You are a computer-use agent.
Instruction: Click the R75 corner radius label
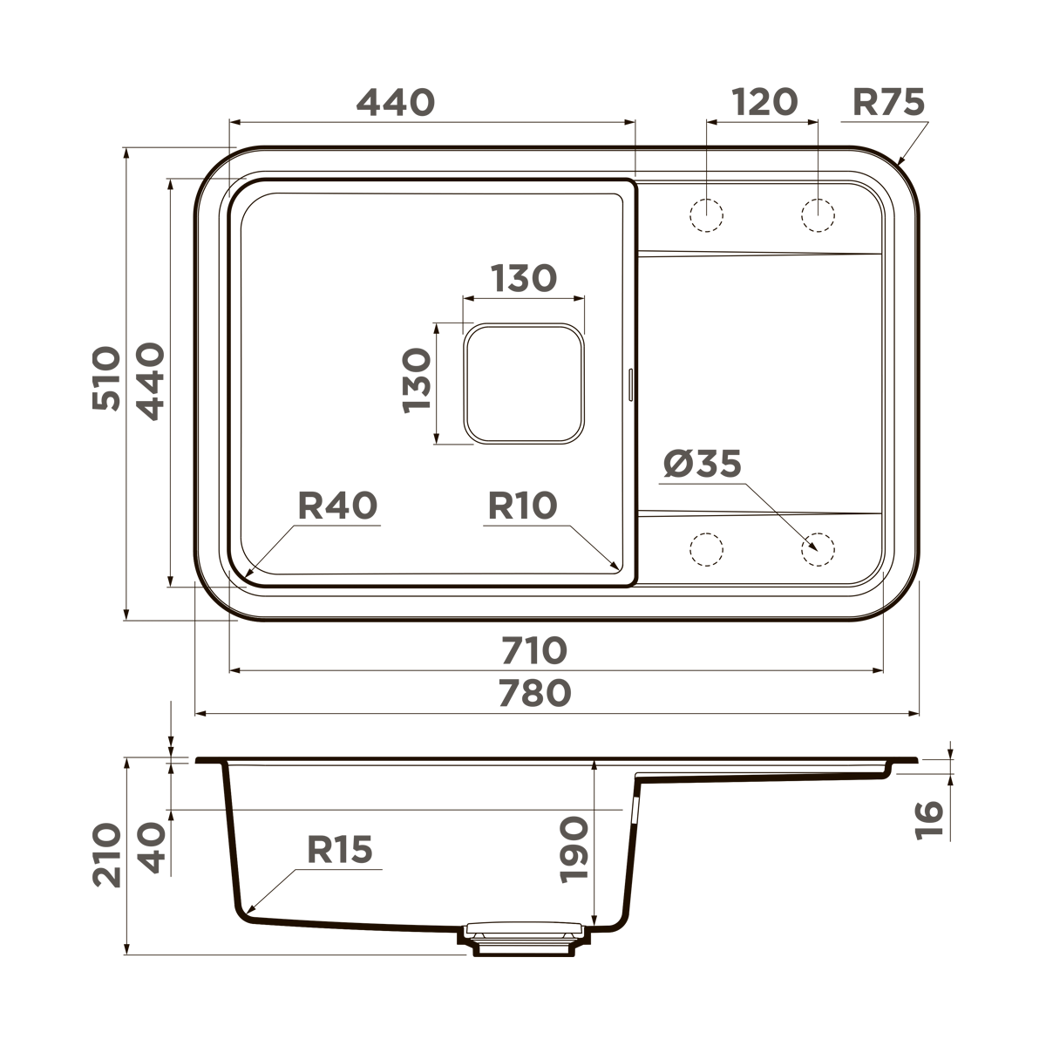[x=887, y=103]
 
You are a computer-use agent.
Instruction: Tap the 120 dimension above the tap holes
[x=764, y=103]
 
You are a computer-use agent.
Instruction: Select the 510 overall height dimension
[x=106, y=378]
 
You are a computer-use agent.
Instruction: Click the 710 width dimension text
[x=533, y=650]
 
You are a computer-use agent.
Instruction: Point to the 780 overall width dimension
[x=533, y=693]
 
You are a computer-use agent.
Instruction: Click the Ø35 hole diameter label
[x=702, y=465]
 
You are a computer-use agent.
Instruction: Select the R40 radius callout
[x=337, y=506]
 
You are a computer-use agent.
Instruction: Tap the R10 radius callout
[x=521, y=506]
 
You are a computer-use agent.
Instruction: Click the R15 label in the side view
[x=339, y=849]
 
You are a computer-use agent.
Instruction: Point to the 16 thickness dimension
[x=929, y=819]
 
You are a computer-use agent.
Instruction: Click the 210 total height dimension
[x=106, y=854]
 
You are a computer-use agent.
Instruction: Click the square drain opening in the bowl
[x=523, y=383]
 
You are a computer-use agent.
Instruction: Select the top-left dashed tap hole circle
[x=707, y=214]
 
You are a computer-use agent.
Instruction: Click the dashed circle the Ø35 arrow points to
[x=818, y=549]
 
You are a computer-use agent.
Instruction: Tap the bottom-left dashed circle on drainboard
[x=707, y=549]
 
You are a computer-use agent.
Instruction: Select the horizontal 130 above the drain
[x=523, y=280]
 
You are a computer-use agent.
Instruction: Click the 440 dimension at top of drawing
[x=395, y=103]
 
